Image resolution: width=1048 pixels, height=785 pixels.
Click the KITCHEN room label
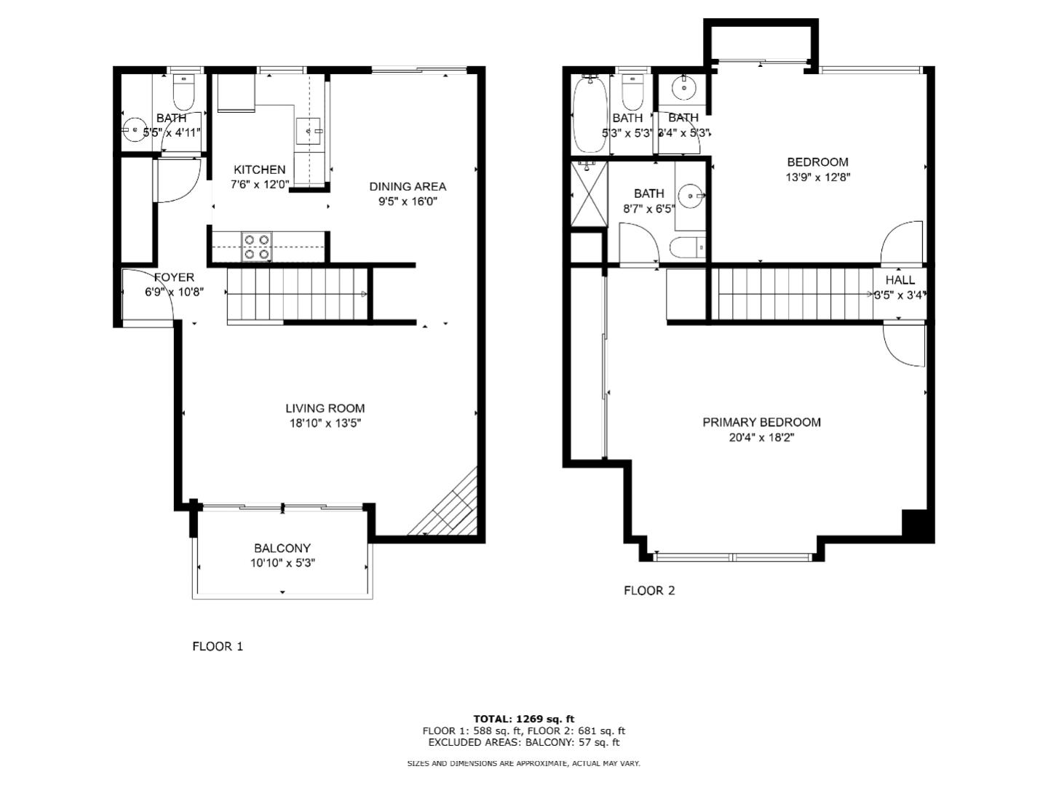pos(259,170)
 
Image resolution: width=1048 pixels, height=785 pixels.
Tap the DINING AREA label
pos(407,186)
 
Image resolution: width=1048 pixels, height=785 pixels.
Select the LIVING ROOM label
pos(325,408)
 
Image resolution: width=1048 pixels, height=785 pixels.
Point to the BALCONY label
pos(282,548)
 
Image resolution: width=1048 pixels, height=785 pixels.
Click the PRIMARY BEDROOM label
pos(761,422)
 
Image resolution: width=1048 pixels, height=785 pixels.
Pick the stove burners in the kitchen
pos(256,247)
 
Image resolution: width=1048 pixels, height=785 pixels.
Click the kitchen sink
pos(309,131)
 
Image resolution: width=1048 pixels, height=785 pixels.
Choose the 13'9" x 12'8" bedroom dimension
pos(817,177)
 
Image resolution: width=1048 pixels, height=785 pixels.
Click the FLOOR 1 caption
pos(217,646)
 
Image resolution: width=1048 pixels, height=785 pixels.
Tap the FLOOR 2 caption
pos(649,590)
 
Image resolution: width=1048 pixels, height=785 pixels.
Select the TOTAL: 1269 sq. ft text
pos(523,719)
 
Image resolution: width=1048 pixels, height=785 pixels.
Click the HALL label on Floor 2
pos(900,280)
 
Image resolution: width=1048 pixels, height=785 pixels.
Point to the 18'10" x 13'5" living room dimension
pos(325,423)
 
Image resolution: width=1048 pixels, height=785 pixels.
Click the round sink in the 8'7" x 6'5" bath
pos(689,195)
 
